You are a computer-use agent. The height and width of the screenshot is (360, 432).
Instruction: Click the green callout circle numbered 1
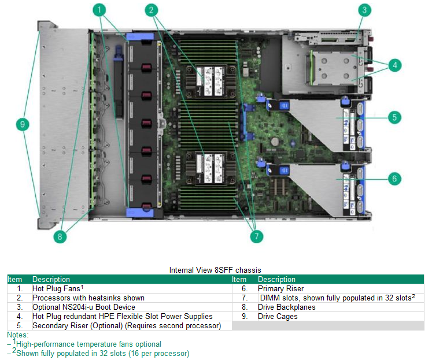pyautogui.click(x=101, y=10)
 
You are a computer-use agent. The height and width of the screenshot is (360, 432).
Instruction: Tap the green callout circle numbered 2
pyautogui.click(x=152, y=10)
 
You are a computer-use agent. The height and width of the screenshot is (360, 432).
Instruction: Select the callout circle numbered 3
pyautogui.click(x=364, y=10)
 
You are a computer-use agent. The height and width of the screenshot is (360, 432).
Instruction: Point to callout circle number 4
pyautogui.click(x=394, y=65)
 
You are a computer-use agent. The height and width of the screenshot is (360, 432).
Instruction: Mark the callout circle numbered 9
pyautogui.click(x=23, y=124)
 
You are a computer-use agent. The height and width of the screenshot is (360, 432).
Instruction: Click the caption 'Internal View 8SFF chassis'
pyautogui.click(x=215, y=270)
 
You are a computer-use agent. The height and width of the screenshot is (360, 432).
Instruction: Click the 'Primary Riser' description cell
pyautogui.click(x=280, y=288)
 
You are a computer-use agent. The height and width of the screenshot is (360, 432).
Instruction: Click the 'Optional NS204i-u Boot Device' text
pyautogui.click(x=83, y=307)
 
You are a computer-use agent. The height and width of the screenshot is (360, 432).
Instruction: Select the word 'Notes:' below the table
pyautogui.click(x=17, y=335)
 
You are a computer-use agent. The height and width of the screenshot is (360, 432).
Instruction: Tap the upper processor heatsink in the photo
pyautogui.click(x=209, y=78)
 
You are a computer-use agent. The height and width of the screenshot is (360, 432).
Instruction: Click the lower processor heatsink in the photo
pyautogui.click(x=209, y=165)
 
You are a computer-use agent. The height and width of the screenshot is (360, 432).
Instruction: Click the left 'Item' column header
pyautogui.click(x=14, y=279)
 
